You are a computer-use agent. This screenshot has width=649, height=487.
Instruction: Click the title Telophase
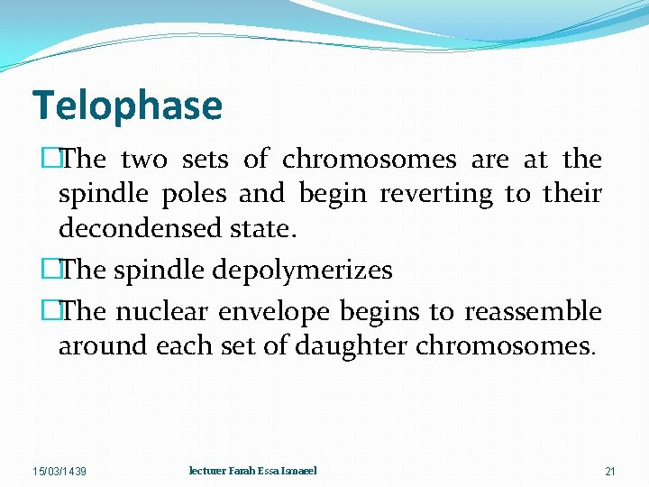point(127,106)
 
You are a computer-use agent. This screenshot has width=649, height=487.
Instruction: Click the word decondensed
point(136,229)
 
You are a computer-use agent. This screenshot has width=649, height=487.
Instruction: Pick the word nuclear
point(171,312)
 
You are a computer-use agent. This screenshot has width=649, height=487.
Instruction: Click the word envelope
point(279,312)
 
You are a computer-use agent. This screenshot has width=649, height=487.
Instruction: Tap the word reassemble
point(533,312)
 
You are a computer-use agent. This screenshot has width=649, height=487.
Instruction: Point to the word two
point(143,160)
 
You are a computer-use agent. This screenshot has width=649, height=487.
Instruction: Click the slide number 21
point(610,472)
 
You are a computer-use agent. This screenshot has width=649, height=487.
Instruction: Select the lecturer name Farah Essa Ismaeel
point(252,471)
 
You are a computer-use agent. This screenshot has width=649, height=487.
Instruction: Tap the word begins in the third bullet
point(383,312)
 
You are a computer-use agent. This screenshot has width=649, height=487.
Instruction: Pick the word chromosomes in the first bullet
point(370,160)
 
